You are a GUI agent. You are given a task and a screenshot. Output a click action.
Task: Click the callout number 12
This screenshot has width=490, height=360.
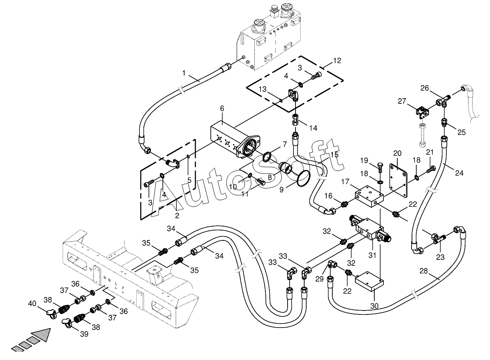337,61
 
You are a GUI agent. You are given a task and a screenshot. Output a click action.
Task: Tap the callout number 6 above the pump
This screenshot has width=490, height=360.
222,109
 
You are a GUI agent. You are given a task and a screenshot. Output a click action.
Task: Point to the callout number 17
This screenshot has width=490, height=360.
345,182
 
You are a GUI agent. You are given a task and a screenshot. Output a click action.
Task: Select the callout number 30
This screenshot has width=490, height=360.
374,306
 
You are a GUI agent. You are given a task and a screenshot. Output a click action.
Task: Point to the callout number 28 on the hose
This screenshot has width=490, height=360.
423,271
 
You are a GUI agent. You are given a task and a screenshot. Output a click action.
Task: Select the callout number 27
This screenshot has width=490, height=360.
402,101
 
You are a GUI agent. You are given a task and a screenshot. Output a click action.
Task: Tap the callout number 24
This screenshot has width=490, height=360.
459,173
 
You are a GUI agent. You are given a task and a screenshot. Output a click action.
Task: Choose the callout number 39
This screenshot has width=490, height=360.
84,334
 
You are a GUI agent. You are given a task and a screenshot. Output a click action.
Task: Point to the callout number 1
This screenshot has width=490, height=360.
184,73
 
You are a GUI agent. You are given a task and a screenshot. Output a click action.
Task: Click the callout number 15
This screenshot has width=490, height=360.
334,154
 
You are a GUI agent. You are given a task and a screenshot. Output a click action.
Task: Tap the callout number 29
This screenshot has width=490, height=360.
319,279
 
